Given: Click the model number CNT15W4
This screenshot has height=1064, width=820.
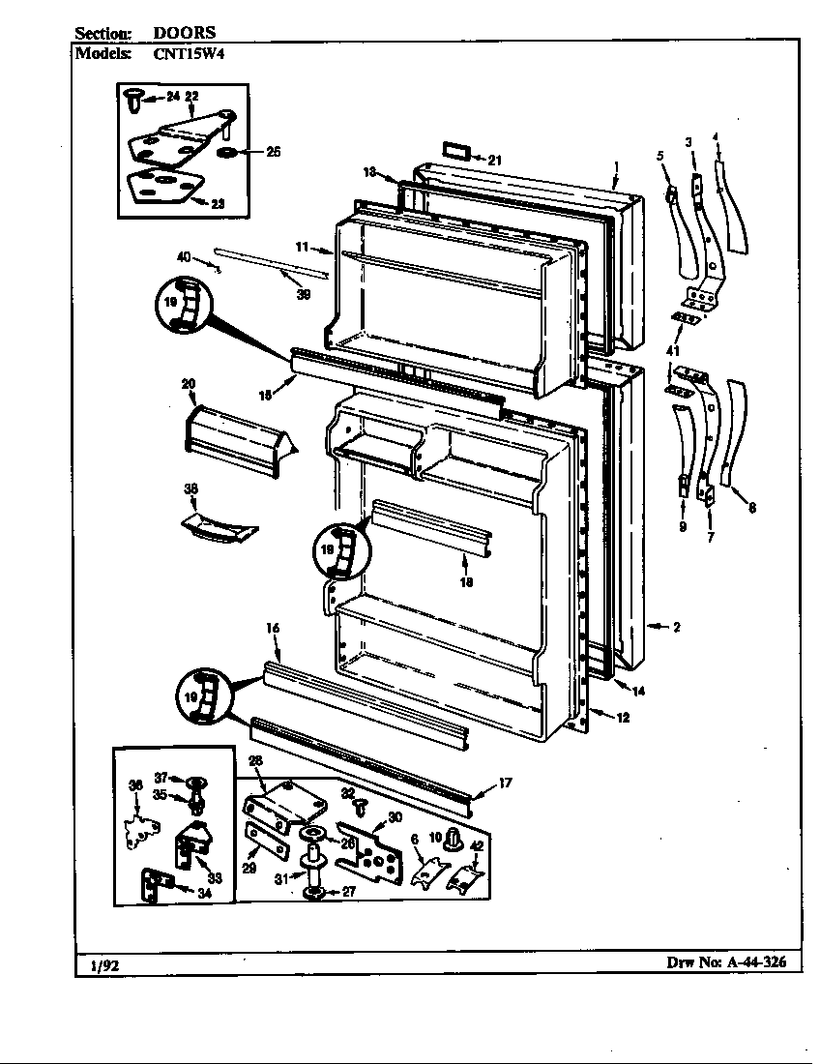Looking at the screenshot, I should coord(188,54).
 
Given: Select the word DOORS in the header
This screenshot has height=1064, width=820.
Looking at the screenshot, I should coord(185,32).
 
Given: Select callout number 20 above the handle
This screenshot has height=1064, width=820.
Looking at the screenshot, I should coord(189,384).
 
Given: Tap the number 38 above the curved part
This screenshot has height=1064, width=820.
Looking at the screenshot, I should coord(190,491).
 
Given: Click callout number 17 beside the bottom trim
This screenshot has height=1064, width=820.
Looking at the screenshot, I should coord(505,783).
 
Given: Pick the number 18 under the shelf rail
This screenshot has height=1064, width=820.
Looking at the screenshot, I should coord(466,582).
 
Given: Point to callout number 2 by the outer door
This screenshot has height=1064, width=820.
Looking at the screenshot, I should coord(677,627).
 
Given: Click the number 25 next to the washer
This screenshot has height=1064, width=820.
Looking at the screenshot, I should coord(273,152).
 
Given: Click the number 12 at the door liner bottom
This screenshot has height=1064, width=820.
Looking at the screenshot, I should coord(623,717).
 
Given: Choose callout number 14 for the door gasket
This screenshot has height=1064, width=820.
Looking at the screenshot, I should coord(638,692).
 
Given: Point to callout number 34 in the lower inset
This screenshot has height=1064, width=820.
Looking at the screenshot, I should coord(204,893).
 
